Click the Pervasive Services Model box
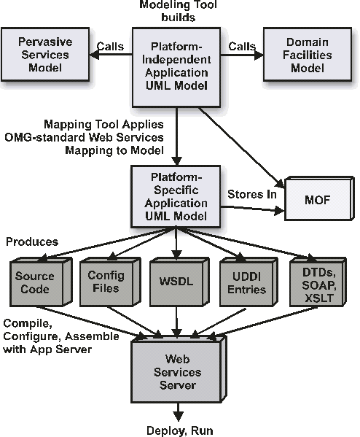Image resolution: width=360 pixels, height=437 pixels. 45,54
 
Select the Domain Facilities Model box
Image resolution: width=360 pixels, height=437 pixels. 308,54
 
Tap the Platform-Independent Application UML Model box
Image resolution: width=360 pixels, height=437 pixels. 176,67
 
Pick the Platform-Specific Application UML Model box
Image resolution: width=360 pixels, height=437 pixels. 176,196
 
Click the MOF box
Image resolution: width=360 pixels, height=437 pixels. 319,198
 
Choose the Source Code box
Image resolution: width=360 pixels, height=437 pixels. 41,282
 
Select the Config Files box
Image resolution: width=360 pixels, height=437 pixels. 110,282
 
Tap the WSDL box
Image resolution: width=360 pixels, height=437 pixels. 179,282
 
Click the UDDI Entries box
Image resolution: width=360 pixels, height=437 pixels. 249,282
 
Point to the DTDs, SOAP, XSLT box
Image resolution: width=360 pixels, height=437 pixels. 318,282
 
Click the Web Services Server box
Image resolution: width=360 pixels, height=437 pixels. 179,369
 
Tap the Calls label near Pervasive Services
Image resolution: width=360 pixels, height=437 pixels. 110,46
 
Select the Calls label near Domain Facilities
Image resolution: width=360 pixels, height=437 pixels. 242,46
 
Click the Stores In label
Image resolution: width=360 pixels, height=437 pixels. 252,194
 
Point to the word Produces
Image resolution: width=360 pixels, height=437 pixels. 32,241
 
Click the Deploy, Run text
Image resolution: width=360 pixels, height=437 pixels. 180,430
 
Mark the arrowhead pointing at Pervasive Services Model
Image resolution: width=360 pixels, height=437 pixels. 94,55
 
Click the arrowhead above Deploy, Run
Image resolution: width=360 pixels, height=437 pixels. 179,416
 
